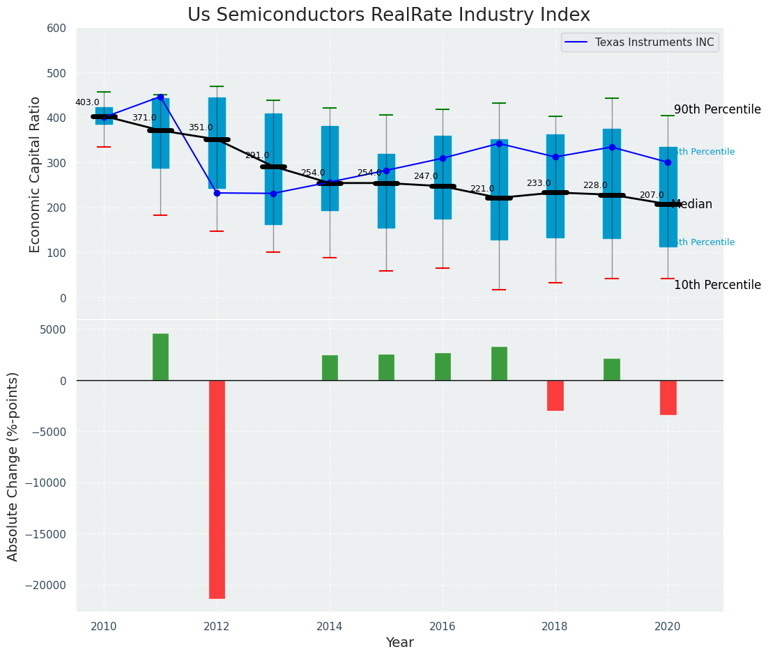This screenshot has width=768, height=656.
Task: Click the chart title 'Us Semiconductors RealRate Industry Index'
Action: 388,15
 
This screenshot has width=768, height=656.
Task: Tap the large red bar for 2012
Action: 217,489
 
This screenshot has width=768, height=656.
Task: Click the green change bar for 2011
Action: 160,357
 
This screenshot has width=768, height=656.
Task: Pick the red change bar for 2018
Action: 555,395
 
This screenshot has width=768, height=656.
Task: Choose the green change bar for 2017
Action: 499,363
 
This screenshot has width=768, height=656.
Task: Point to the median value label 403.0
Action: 87,102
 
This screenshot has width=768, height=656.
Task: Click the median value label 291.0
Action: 256,155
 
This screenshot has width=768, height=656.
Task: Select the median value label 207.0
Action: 652,195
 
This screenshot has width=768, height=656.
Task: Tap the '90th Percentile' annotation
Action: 717,110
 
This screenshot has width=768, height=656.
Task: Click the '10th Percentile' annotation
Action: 717,286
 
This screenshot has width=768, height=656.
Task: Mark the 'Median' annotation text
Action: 691,205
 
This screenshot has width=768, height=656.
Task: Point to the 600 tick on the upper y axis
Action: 56,29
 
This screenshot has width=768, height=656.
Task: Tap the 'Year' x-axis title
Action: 399,643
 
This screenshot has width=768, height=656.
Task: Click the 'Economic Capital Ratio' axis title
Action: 36,173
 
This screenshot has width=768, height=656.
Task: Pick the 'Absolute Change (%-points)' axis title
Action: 13,466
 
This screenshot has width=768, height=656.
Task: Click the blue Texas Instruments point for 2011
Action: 160,97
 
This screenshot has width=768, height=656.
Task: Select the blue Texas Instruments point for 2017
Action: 499,143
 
